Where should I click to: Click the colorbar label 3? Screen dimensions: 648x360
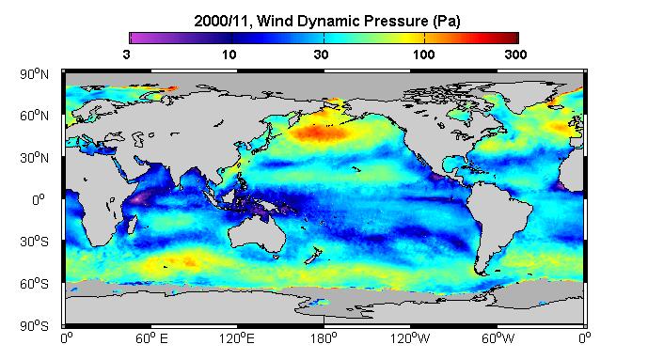tap(126, 55)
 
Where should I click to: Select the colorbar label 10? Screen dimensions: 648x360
tap(229, 55)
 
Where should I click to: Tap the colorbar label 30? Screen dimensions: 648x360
tap(321, 55)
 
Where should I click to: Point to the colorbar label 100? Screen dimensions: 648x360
tap(424, 55)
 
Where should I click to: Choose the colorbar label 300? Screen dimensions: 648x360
tap(515, 55)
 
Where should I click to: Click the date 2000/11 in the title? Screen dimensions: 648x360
tap(222, 21)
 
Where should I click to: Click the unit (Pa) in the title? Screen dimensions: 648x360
tap(447, 21)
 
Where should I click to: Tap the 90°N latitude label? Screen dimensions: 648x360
tap(34, 74)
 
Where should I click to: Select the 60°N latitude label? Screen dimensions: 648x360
tap(34, 116)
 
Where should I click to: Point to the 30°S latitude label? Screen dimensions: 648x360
tap(34, 242)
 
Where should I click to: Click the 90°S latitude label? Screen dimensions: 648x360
tap(34, 326)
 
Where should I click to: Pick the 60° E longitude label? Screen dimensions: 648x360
tap(151, 338)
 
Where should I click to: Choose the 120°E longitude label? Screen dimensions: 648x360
tap(237, 338)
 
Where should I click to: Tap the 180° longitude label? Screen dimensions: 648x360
tap(324, 338)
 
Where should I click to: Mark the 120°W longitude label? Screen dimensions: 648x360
tap(410, 338)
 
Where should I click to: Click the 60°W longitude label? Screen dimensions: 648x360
tap(498, 338)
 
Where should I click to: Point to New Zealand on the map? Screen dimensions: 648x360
tap(313, 256)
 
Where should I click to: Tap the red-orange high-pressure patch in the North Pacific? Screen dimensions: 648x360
tap(319, 133)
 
